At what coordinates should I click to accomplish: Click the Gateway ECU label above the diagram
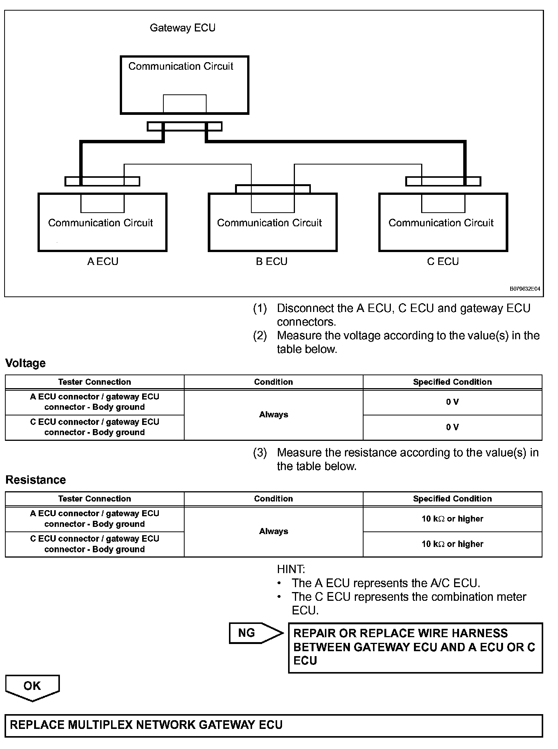coord(182,28)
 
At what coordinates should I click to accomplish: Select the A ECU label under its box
coord(102,262)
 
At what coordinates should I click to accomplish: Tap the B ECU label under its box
coord(271,262)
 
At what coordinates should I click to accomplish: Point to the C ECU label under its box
coord(443,262)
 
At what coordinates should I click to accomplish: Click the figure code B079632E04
coord(525,289)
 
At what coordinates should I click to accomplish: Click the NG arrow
coord(255,633)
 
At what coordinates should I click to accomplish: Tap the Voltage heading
coord(25,363)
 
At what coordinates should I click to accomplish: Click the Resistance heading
coord(36,480)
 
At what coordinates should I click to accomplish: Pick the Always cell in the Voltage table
coord(273,415)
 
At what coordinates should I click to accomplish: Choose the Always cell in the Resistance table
coord(273,531)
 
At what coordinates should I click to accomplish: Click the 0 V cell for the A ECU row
coord(452,402)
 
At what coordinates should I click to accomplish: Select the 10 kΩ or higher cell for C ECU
coord(452,544)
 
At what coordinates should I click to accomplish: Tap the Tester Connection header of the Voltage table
coord(94,382)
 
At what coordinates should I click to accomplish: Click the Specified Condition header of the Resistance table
coord(452,499)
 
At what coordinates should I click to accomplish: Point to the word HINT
coord(291,569)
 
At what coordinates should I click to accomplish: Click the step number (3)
coord(260,453)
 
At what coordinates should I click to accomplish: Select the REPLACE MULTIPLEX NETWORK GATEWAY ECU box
coord(273,725)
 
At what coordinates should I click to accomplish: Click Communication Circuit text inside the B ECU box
coord(269,223)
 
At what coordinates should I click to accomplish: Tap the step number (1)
coord(260,309)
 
